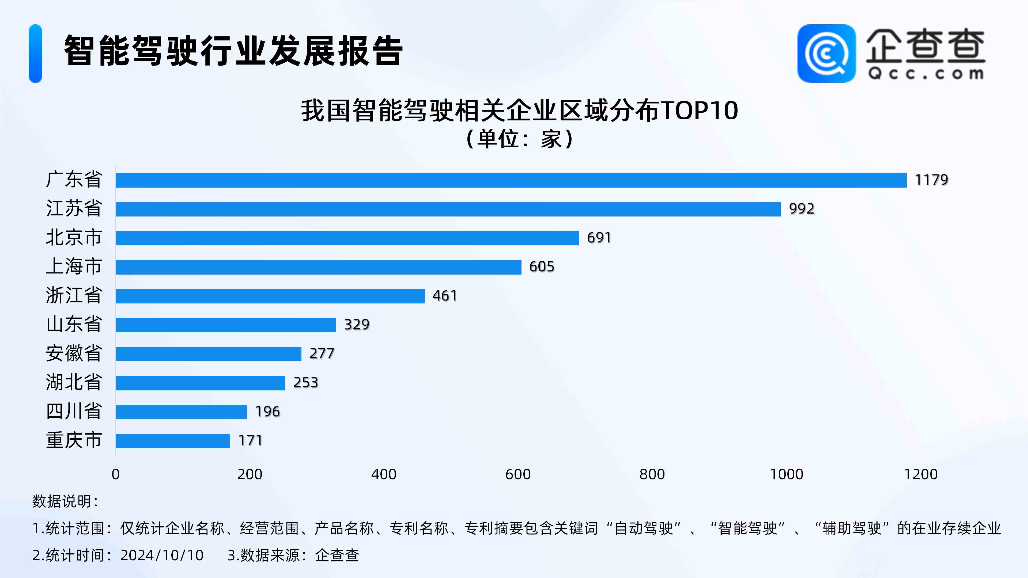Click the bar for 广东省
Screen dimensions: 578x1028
tap(511, 180)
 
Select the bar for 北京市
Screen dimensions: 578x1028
tap(347, 238)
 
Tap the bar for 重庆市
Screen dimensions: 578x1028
tap(173, 441)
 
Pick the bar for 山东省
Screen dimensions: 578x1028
tap(226, 325)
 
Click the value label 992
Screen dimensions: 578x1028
tap(801, 209)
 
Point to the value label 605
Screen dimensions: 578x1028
tap(542, 267)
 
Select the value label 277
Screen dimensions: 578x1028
tap(321, 353)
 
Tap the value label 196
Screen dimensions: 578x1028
tap(267, 411)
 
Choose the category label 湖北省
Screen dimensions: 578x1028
tap(74, 382)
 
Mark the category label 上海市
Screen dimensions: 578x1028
tap(74, 267)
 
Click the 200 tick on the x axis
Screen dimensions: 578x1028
tap(250, 474)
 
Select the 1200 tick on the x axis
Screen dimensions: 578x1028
tap(920, 474)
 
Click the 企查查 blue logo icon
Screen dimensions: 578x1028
tap(826, 54)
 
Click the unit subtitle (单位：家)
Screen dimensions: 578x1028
tap(520, 139)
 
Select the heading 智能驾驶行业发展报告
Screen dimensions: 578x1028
tap(233, 51)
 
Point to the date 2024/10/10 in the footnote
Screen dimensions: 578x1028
tap(162, 555)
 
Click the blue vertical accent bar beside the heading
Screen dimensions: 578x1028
tap(36, 54)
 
